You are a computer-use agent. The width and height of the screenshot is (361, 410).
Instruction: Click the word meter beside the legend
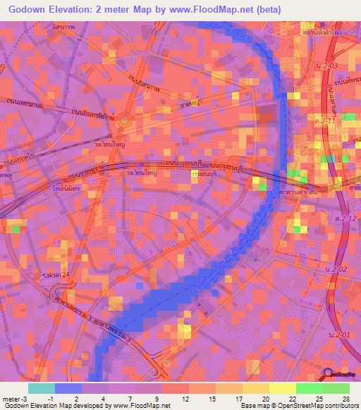tap(10, 399)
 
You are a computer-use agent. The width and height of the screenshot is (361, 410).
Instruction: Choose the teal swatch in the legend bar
tap(42, 388)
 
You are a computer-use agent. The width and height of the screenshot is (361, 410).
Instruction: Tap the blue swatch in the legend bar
tap(68, 388)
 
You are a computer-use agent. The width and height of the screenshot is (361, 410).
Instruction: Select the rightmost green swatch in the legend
tap(336, 388)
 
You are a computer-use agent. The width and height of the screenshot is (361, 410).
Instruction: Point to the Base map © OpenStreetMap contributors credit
tap(299, 406)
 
